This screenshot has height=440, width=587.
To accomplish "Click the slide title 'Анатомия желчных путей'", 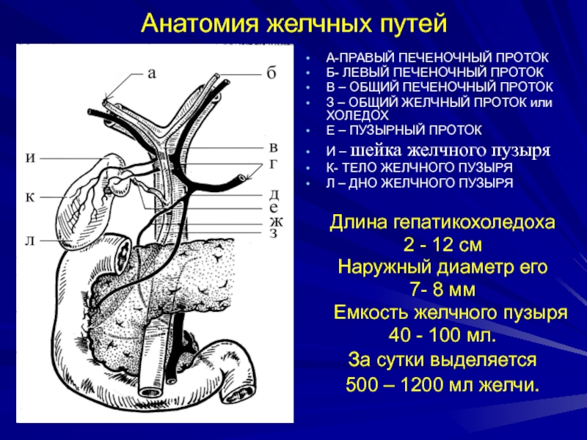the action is (x=293, y=23).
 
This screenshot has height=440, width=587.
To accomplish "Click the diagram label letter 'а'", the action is (x=152, y=73).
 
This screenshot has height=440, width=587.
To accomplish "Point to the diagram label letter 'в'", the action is (x=272, y=147).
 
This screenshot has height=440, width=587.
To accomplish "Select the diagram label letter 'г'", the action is (x=272, y=164).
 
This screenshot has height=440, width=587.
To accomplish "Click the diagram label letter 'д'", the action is (x=272, y=194).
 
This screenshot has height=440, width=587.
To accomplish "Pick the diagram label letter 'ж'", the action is (x=273, y=220).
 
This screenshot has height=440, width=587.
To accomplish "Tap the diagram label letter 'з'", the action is (x=272, y=233).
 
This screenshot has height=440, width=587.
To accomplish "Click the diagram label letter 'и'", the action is (x=30, y=156).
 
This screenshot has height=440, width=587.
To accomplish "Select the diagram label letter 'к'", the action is (x=30, y=197).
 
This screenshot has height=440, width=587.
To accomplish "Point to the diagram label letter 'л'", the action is (x=30, y=241).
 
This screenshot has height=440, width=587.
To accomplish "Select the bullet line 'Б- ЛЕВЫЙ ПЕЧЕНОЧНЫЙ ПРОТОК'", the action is (x=435, y=73).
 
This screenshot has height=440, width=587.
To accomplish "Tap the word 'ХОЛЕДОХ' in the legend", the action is (x=356, y=115).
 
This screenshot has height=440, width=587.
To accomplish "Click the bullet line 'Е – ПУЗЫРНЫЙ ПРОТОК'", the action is (x=404, y=130).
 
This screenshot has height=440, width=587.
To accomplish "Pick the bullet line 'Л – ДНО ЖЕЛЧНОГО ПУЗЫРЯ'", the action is (x=419, y=182).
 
